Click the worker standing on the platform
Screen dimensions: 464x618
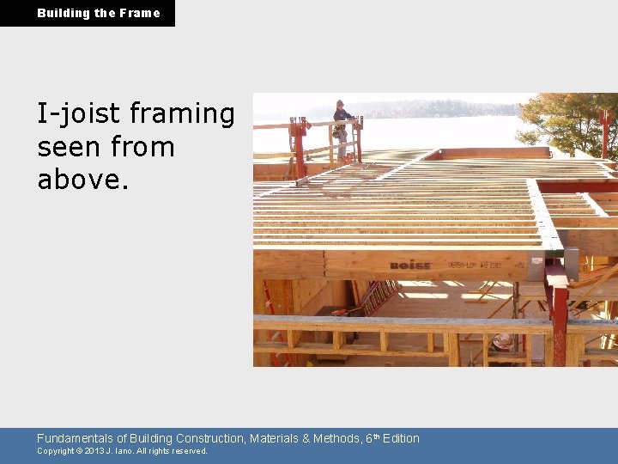click(342, 129)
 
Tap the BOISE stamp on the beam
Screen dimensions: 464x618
click(410, 265)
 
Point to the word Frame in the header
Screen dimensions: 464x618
click(140, 13)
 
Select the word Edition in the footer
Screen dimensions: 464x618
click(401, 438)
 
